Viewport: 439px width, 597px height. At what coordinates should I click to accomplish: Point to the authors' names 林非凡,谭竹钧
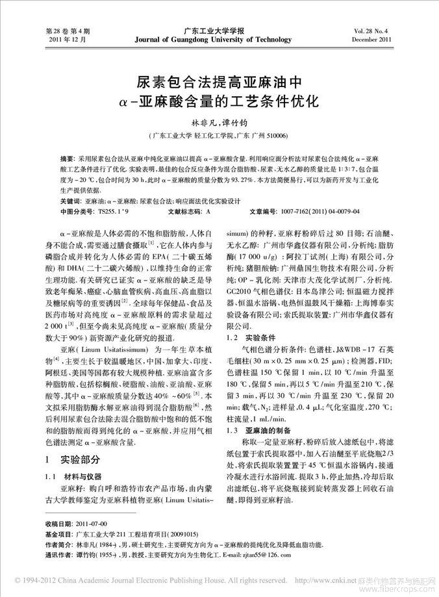[x=218, y=122]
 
